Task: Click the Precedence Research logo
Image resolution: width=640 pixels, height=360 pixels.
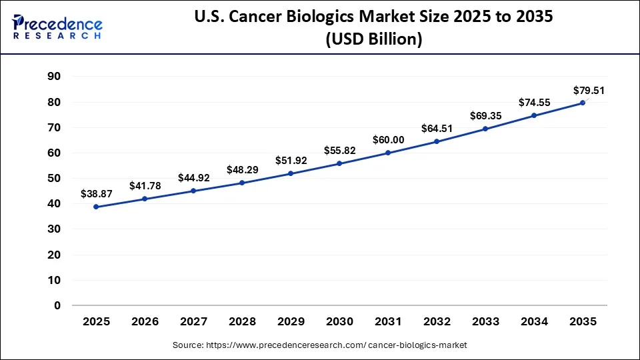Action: (x=57, y=27)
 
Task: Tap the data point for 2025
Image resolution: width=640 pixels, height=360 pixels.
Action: (x=96, y=207)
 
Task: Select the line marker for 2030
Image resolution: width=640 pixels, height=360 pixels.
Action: (x=339, y=163)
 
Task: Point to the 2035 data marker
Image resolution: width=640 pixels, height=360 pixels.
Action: (x=583, y=103)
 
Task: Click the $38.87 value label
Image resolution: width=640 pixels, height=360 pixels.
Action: (x=96, y=193)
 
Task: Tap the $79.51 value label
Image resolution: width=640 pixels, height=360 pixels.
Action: (x=589, y=90)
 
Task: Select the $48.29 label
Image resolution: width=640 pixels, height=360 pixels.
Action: (x=242, y=169)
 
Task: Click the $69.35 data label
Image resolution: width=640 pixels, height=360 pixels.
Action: (x=485, y=115)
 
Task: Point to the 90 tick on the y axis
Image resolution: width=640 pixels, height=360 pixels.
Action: (x=54, y=77)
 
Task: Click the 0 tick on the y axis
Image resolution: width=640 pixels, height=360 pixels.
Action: (x=57, y=305)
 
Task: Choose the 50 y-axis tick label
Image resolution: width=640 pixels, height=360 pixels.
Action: (x=54, y=179)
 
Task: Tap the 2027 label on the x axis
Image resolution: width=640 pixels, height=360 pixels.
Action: (x=193, y=322)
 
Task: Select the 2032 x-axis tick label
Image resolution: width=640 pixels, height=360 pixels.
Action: (x=437, y=322)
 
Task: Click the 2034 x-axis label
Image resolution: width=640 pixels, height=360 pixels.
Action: (x=534, y=322)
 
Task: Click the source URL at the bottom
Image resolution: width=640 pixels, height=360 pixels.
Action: (x=320, y=345)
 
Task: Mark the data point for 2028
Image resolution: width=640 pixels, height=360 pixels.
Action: (x=242, y=183)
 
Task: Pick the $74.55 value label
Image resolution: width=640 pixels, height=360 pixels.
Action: (x=534, y=102)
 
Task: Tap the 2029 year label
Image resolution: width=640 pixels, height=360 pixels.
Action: (x=291, y=322)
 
